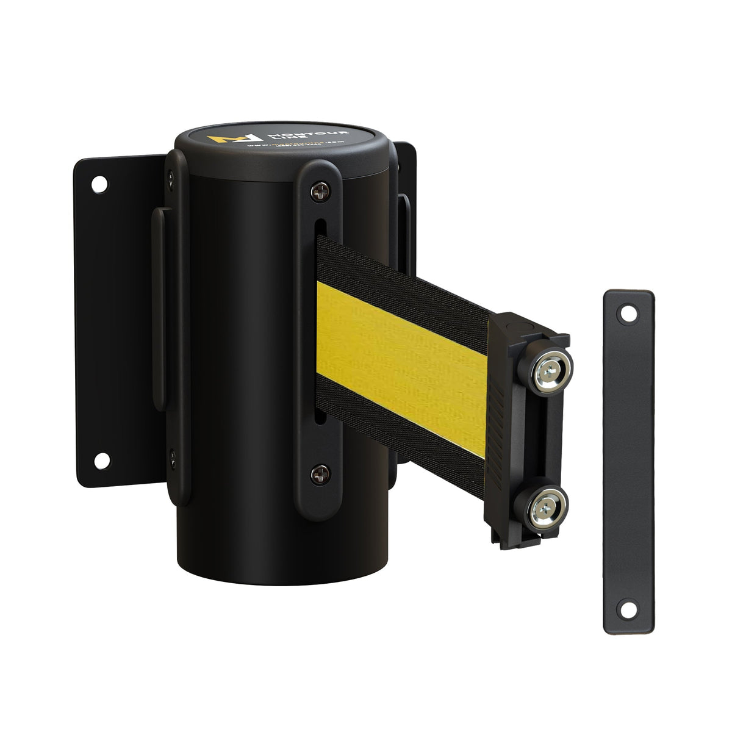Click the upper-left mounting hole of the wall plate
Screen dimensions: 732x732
tap(97, 182)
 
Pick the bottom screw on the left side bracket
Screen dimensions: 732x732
tap(172, 454)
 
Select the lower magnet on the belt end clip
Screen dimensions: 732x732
tap(540, 504)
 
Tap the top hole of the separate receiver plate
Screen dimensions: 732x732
tap(624, 315)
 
